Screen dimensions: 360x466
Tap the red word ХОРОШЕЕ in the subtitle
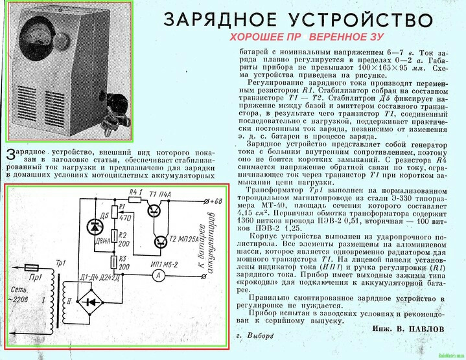click(259, 38)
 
